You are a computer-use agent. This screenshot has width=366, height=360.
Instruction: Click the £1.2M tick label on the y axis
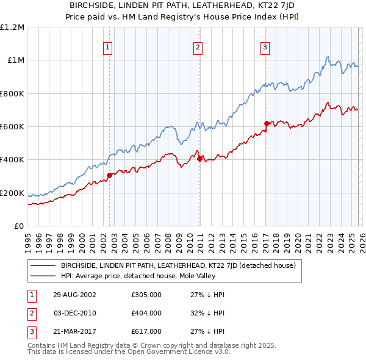pos(12,27)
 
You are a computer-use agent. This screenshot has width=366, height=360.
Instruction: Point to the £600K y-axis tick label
pos(12,127)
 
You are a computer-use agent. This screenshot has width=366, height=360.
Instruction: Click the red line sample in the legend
pos(43,265)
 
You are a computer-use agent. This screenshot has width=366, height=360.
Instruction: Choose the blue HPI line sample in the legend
pos(43,276)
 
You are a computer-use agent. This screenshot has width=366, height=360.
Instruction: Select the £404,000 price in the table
pos(146,313)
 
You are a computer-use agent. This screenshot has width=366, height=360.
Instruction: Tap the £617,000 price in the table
pos(146,331)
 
